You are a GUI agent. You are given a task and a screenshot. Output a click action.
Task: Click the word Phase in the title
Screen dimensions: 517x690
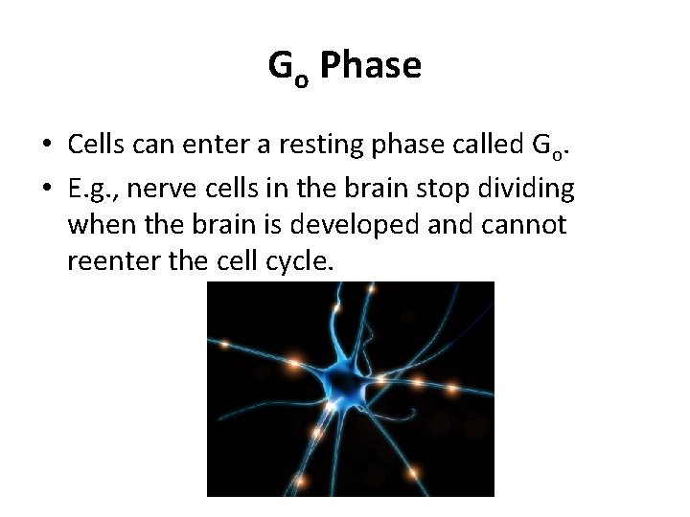tap(371, 66)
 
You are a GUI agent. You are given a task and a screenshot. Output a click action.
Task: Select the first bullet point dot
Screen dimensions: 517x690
tap(46, 146)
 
